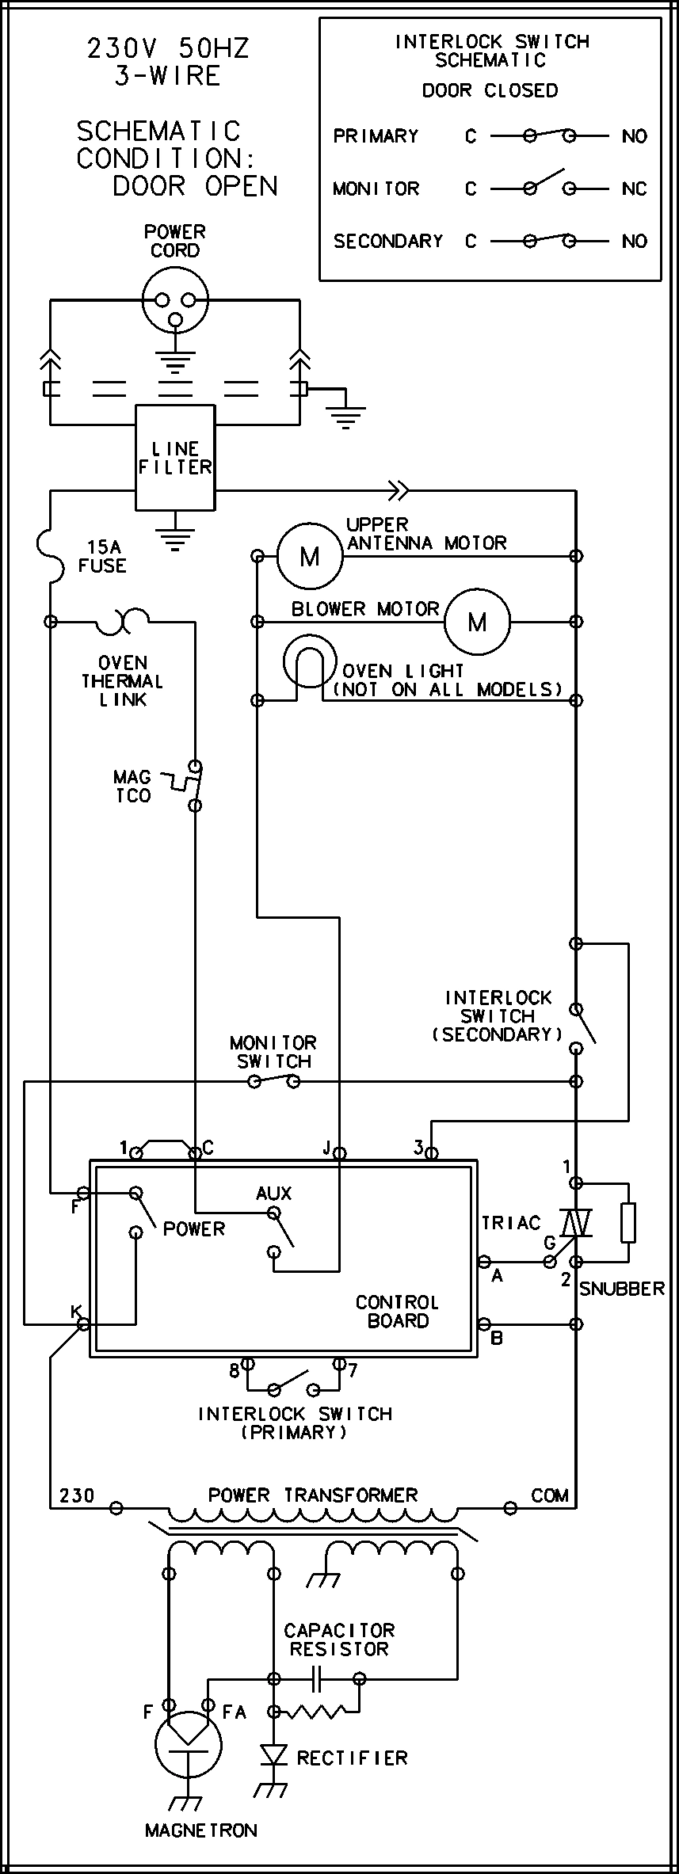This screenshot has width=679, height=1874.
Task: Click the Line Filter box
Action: click(175, 458)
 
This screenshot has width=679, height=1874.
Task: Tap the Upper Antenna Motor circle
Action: click(309, 556)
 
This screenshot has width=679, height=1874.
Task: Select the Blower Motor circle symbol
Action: click(477, 622)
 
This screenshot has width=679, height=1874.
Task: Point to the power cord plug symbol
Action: click(175, 301)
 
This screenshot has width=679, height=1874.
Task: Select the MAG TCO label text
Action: click(132, 787)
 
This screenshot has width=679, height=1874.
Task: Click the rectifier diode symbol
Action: click(274, 1755)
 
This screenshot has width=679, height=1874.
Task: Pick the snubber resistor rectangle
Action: click(628, 1223)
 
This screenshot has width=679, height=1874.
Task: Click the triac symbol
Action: click(576, 1223)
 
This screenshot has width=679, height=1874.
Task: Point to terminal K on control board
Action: click(82, 1324)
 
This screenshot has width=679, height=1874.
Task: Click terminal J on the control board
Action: click(339, 1153)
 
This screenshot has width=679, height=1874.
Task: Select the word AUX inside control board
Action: click(273, 1193)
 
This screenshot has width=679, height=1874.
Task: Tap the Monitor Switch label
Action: click(273, 1052)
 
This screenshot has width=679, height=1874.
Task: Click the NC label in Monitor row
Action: click(635, 189)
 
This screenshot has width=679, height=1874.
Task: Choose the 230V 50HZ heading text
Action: click(168, 49)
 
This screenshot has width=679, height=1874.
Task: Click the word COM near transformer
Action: click(550, 1495)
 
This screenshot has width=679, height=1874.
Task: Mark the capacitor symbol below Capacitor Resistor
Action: click(316, 1678)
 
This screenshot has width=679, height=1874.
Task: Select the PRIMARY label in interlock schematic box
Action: click(376, 136)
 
